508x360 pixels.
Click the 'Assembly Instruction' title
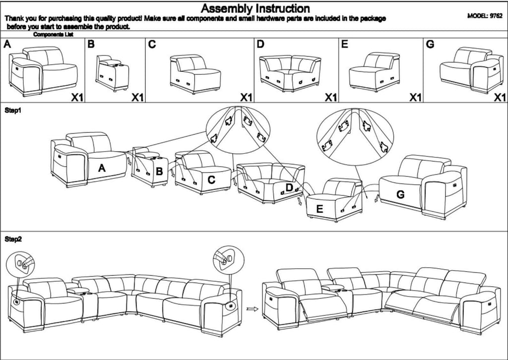coord(255,8)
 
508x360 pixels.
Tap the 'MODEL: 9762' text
coord(485,16)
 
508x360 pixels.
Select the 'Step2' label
coord(13,239)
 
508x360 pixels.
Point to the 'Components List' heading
coord(53,35)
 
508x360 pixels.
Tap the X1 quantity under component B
coord(137,98)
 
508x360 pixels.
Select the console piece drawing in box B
coord(113,73)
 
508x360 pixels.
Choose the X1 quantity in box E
coord(415,98)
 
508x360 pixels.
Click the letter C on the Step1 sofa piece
coord(211,180)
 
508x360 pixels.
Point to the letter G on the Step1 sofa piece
coord(401,195)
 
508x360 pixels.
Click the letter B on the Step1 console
coord(159,172)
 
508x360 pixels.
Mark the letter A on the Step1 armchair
coord(102,169)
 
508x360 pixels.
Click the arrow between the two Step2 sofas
coord(253,308)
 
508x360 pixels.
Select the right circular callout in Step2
coord(227,258)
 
